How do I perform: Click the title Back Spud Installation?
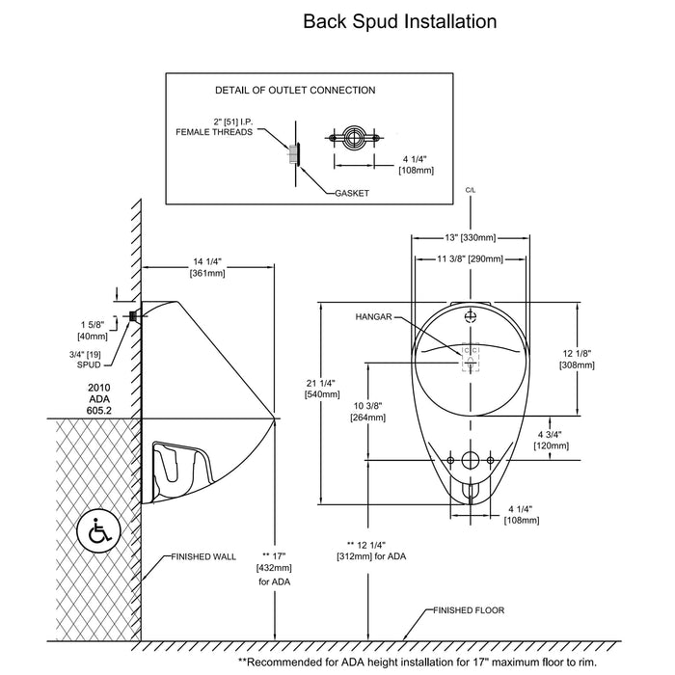pyautogui.click(x=400, y=20)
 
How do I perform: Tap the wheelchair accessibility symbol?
pyautogui.click(x=97, y=531)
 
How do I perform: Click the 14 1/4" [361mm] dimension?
pyautogui.click(x=207, y=266)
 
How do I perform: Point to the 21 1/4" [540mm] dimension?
pyautogui.click(x=322, y=387)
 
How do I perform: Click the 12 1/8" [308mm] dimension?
pyautogui.click(x=578, y=359)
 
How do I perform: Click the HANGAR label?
pyautogui.click(x=375, y=316)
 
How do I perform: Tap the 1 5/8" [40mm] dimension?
pyautogui.click(x=94, y=330)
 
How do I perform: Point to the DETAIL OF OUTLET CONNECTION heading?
pyautogui.click(x=294, y=90)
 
